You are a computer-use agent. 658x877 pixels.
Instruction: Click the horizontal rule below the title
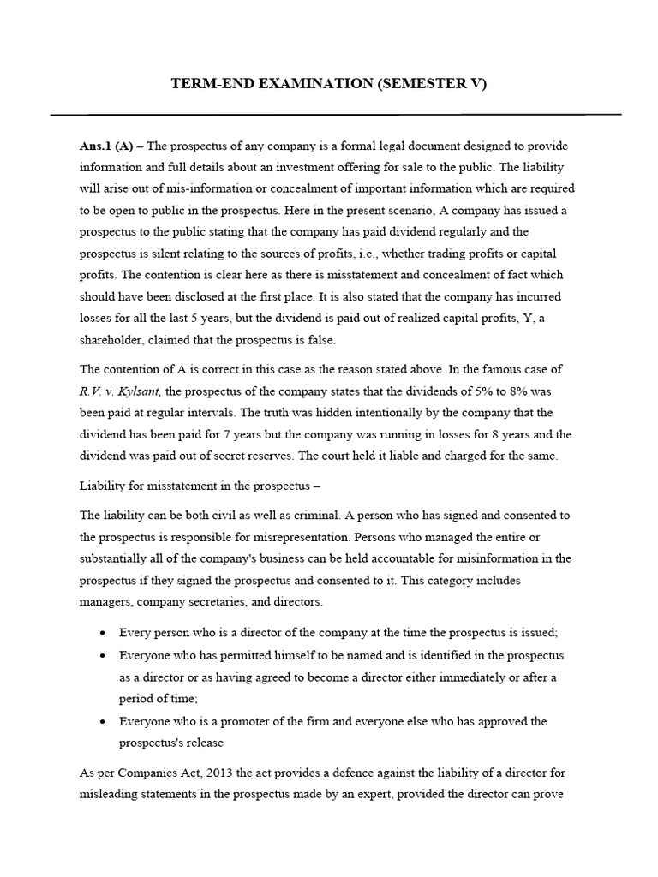336,114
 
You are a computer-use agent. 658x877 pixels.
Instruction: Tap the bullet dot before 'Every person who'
103,633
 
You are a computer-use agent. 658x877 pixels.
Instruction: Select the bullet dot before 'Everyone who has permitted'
103,655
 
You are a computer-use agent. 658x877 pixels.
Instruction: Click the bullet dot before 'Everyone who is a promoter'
103,721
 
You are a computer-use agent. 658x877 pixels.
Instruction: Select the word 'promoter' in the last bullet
241,721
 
